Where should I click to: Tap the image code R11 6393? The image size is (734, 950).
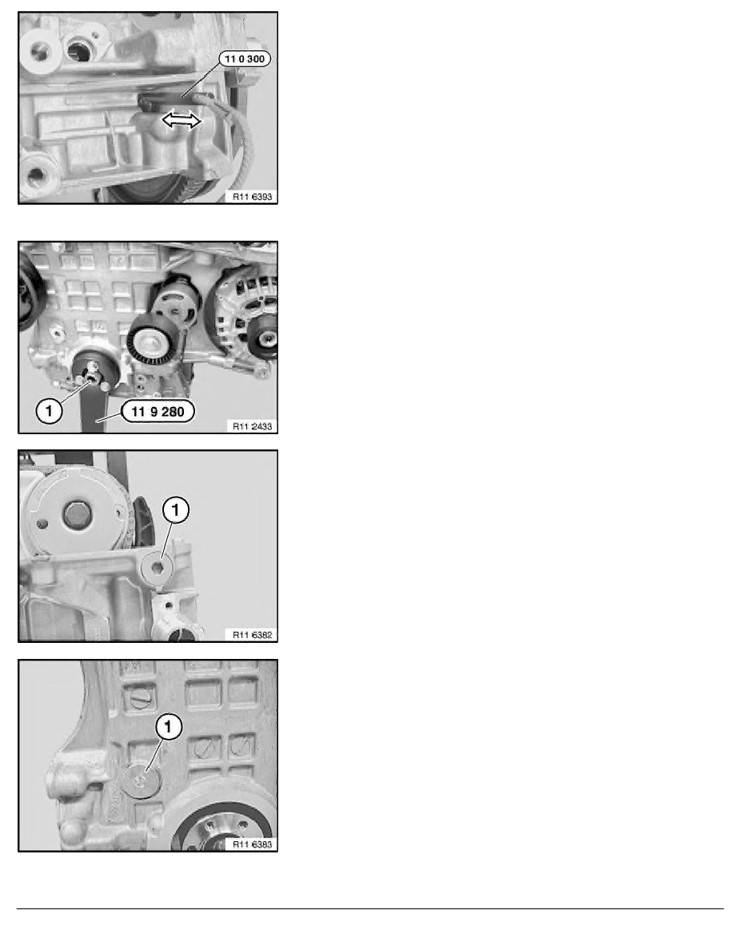coord(251,194)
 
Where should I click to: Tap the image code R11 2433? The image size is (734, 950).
coord(251,426)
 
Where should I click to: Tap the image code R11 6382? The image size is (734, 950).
coord(251,634)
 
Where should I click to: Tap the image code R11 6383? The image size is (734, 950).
coord(251,842)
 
